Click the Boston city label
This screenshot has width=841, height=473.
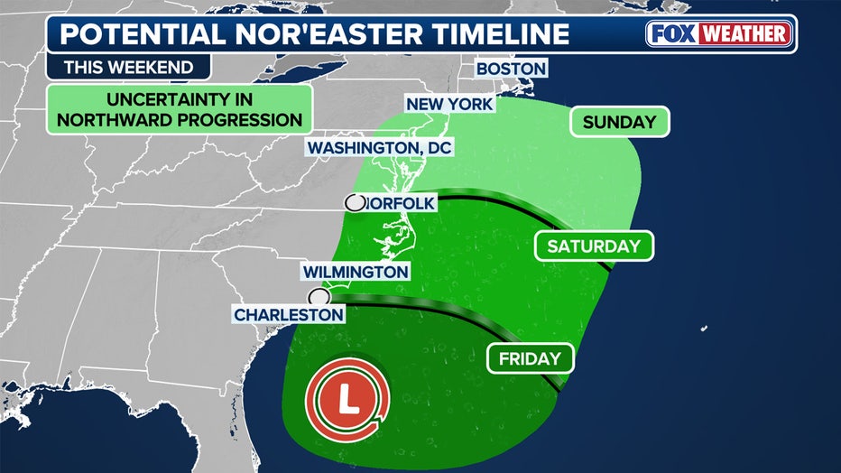point(510,69)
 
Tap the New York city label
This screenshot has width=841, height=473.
point(449,104)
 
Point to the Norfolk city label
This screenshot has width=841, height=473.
point(401,203)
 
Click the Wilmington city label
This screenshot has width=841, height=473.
point(356,271)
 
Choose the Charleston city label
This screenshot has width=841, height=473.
point(289,314)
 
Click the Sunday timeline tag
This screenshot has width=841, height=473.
point(619,122)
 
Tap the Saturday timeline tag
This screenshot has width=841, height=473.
point(593,246)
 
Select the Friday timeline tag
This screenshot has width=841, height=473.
point(531,358)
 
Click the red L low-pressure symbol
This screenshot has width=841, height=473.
point(347,398)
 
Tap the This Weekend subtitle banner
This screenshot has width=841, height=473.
point(128,67)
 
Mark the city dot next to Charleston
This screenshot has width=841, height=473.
point(319,297)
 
